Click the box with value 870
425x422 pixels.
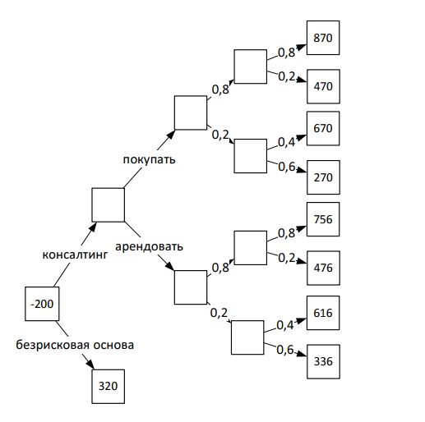tap(323, 38)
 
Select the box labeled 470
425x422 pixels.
tap(323, 86)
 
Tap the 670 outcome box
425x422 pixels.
tap(323, 128)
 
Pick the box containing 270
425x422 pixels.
tap(323, 177)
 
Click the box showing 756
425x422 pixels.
tap(323, 219)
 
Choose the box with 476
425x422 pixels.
tap(323, 268)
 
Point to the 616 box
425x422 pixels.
tap(323, 313)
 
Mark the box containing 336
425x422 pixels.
tap(323, 361)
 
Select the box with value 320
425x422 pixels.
tap(109, 387)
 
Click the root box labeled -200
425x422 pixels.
tap(42, 304)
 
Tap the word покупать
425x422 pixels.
tap(149, 159)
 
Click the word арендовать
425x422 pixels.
tap(149, 246)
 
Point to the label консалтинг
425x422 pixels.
tap(75, 255)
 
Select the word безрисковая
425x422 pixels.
tap(52, 345)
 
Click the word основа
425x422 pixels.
tap(113, 345)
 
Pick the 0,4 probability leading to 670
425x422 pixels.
tap(286, 142)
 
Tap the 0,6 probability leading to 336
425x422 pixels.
tap(285, 350)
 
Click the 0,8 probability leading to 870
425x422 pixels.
tap(286, 53)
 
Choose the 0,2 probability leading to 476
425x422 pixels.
tap(287, 258)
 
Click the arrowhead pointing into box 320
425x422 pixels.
tap(90, 365)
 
